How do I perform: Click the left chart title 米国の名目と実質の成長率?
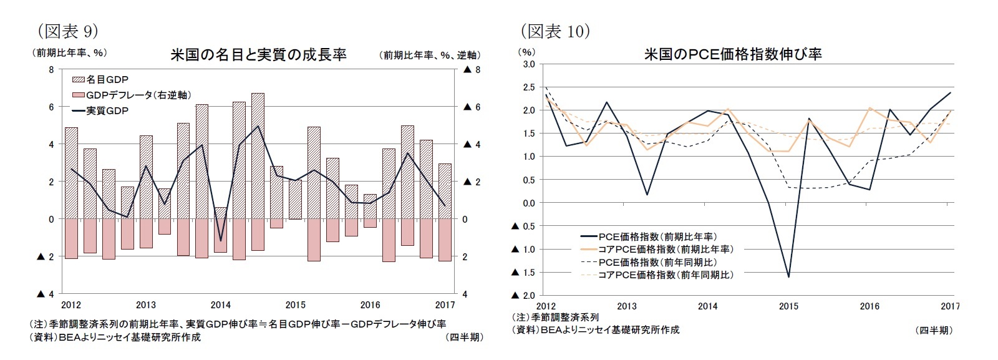point(258,55)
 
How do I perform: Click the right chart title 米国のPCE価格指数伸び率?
point(732,54)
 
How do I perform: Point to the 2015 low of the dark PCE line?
point(788,276)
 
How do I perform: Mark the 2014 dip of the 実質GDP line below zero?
point(220,240)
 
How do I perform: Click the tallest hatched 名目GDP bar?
point(258,156)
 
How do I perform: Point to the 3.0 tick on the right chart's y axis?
point(528,64)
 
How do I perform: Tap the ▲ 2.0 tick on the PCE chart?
point(524,295)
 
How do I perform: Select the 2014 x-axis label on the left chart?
point(220,305)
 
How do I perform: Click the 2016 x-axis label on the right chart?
point(870,306)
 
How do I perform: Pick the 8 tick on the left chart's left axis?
point(51,70)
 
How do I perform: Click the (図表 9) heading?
point(67,31)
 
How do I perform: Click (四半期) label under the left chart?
point(464,338)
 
